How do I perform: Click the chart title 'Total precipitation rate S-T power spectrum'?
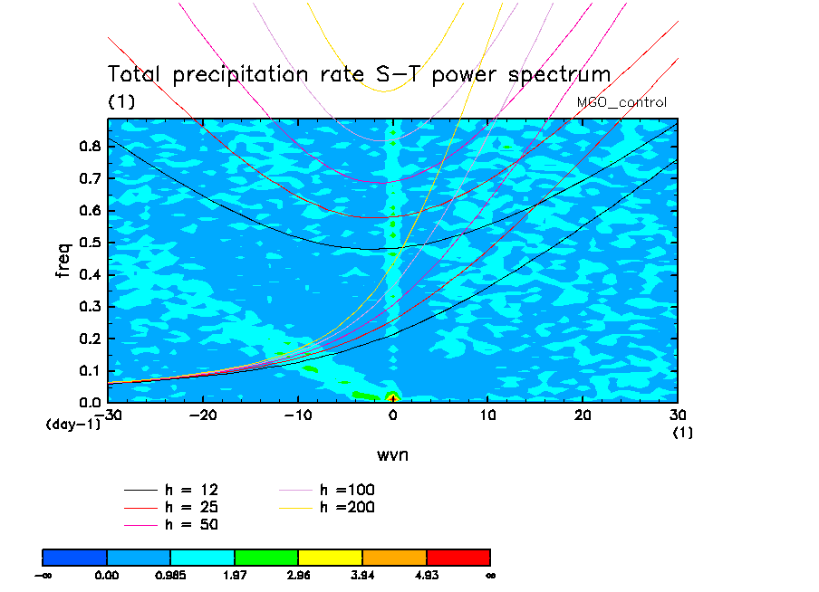click(360, 74)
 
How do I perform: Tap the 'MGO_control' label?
click(621, 102)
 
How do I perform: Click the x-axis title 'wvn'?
click(392, 454)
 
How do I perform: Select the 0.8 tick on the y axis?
click(88, 147)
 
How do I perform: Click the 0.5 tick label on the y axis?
click(88, 243)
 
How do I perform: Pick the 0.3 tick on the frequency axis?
click(88, 307)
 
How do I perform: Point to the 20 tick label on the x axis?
click(583, 415)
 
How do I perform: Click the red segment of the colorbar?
click(458, 556)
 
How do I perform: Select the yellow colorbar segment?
click(330, 556)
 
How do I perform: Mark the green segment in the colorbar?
click(266, 556)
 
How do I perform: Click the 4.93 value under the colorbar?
click(426, 574)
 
